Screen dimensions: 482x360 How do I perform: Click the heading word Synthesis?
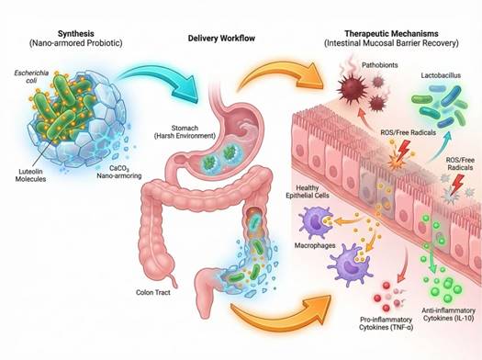click(76, 33)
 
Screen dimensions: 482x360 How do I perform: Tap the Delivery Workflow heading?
click(221, 39)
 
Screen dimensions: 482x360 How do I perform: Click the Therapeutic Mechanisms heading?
click(391, 33)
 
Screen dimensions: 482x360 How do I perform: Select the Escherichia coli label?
click(31, 76)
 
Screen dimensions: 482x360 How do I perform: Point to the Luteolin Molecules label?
click(30, 175)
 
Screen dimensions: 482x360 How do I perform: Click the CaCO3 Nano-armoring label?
click(119, 172)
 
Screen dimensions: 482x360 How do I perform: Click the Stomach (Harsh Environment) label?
click(185, 131)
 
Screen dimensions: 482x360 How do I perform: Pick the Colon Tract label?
click(153, 292)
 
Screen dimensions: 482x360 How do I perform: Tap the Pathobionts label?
click(380, 65)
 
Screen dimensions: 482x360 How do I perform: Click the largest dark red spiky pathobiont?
click(352, 86)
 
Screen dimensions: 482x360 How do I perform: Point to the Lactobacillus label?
click(441, 75)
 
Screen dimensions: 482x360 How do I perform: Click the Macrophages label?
click(315, 245)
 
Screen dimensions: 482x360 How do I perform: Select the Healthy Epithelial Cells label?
click(308, 192)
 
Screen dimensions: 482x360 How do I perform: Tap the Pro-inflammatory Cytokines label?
click(386, 323)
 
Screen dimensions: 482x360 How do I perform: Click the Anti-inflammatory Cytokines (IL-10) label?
click(449, 314)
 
